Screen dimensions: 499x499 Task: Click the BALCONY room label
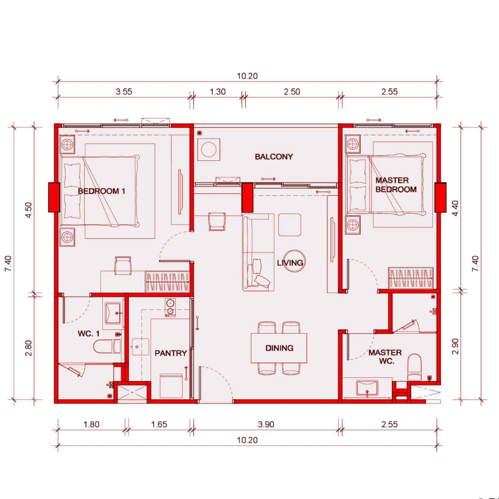[x=274, y=157]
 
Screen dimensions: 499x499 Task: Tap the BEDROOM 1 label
[x=102, y=191]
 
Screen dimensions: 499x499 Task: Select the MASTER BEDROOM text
[x=396, y=185]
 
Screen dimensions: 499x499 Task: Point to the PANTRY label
[x=170, y=353]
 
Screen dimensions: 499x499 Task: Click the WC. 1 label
[x=89, y=334]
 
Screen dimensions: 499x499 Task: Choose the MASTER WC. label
[x=385, y=357]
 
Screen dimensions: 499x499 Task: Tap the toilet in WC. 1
[x=107, y=346]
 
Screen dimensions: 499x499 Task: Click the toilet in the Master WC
[x=414, y=367]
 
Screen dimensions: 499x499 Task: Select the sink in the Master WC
[x=367, y=388]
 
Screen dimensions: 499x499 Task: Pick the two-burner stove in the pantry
[x=170, y=308]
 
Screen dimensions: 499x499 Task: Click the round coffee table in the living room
[x=294, y=261]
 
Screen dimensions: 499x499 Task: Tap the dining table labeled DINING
[x=279, y=348]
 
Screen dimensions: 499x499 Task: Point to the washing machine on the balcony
[x=209, y=149]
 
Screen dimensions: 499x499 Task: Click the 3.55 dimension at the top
[x=124, y=92]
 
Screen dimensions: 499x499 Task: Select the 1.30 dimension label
[x=218, y=92]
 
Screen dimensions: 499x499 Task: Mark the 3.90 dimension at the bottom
[x=266, y=425]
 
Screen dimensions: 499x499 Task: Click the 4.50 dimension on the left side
[x=29, y=210]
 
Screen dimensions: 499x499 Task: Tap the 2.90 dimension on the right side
[x=455, y=346]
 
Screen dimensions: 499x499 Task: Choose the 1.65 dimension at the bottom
[x=159, y=425]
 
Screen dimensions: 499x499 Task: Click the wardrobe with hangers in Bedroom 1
[x=167, y=282]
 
